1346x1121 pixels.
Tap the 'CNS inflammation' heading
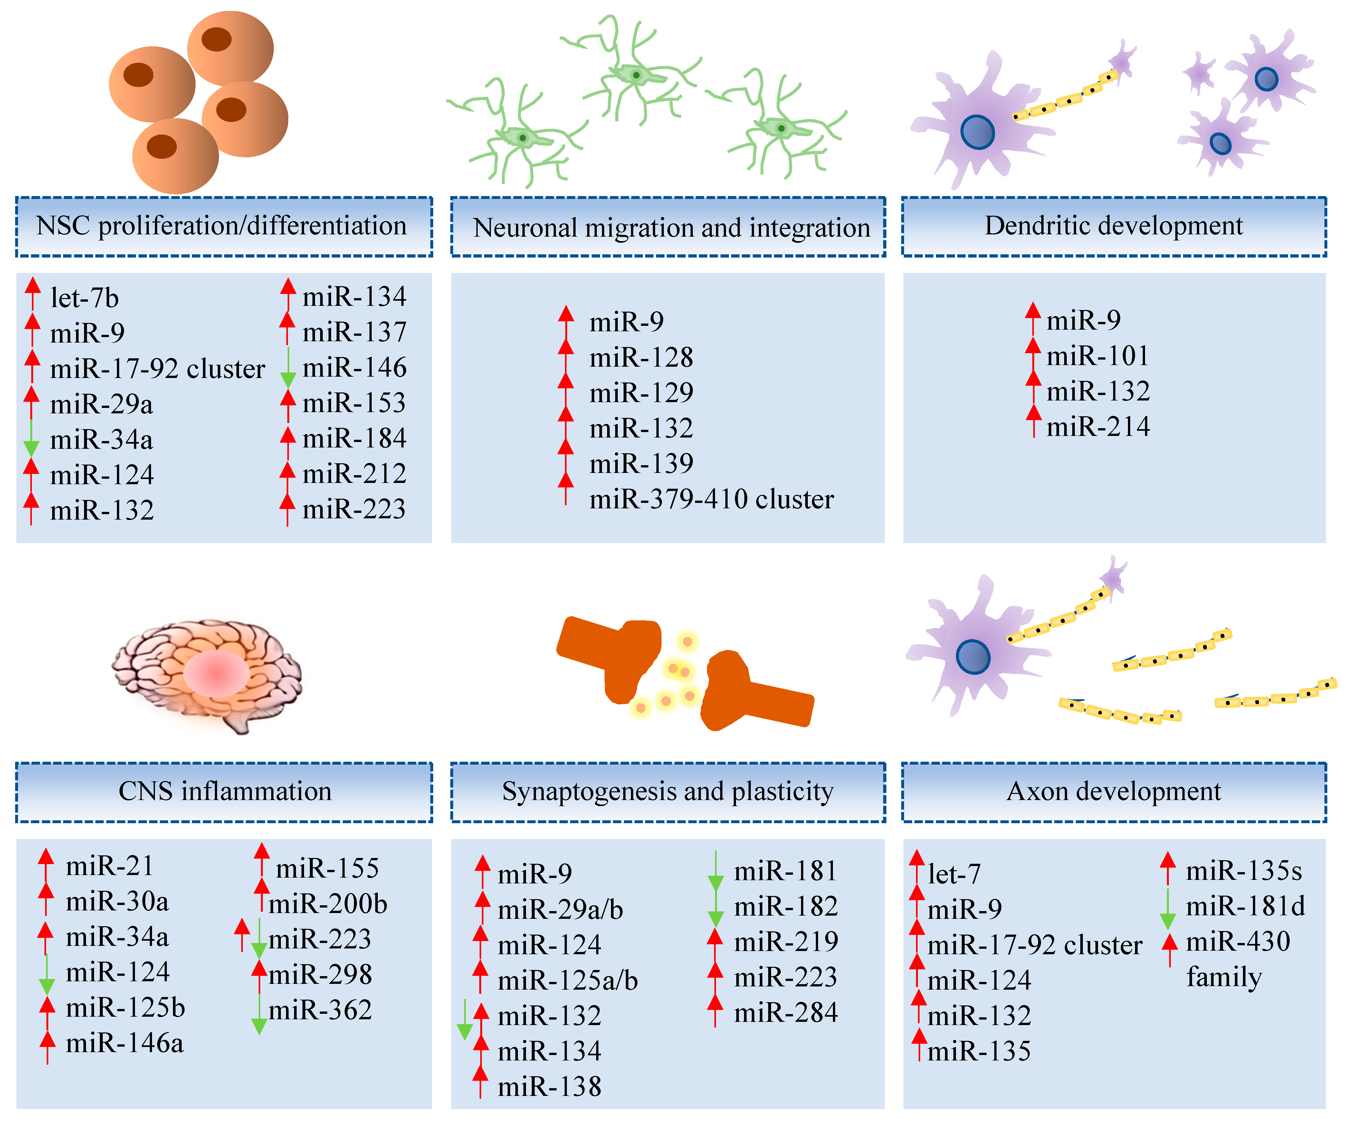(x=224, y=792)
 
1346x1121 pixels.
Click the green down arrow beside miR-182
(x=715, y=909)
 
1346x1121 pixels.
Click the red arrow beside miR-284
(x=715, y=1011)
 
